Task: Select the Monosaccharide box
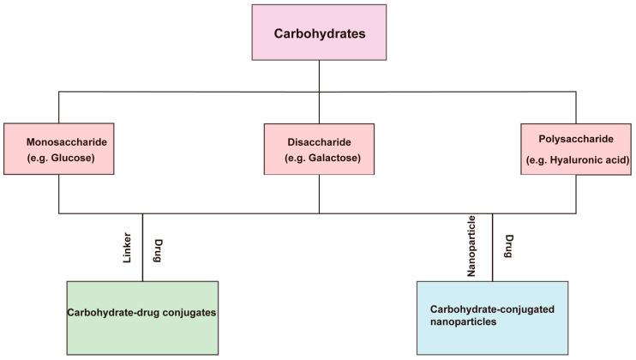point(58,149)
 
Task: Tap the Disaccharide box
point(319,149)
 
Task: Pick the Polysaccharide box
point(575,149)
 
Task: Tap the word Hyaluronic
point(567,161)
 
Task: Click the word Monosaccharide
point(62,141)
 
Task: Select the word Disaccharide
point(319,141)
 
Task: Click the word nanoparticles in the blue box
point(464,326)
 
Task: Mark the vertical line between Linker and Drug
point(143,247)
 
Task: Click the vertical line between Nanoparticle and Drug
point(492,247)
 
